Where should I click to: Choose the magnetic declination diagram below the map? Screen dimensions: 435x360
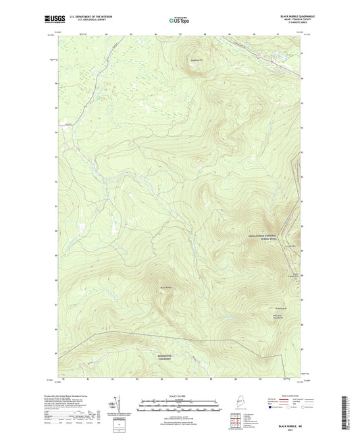click(117, 406)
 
